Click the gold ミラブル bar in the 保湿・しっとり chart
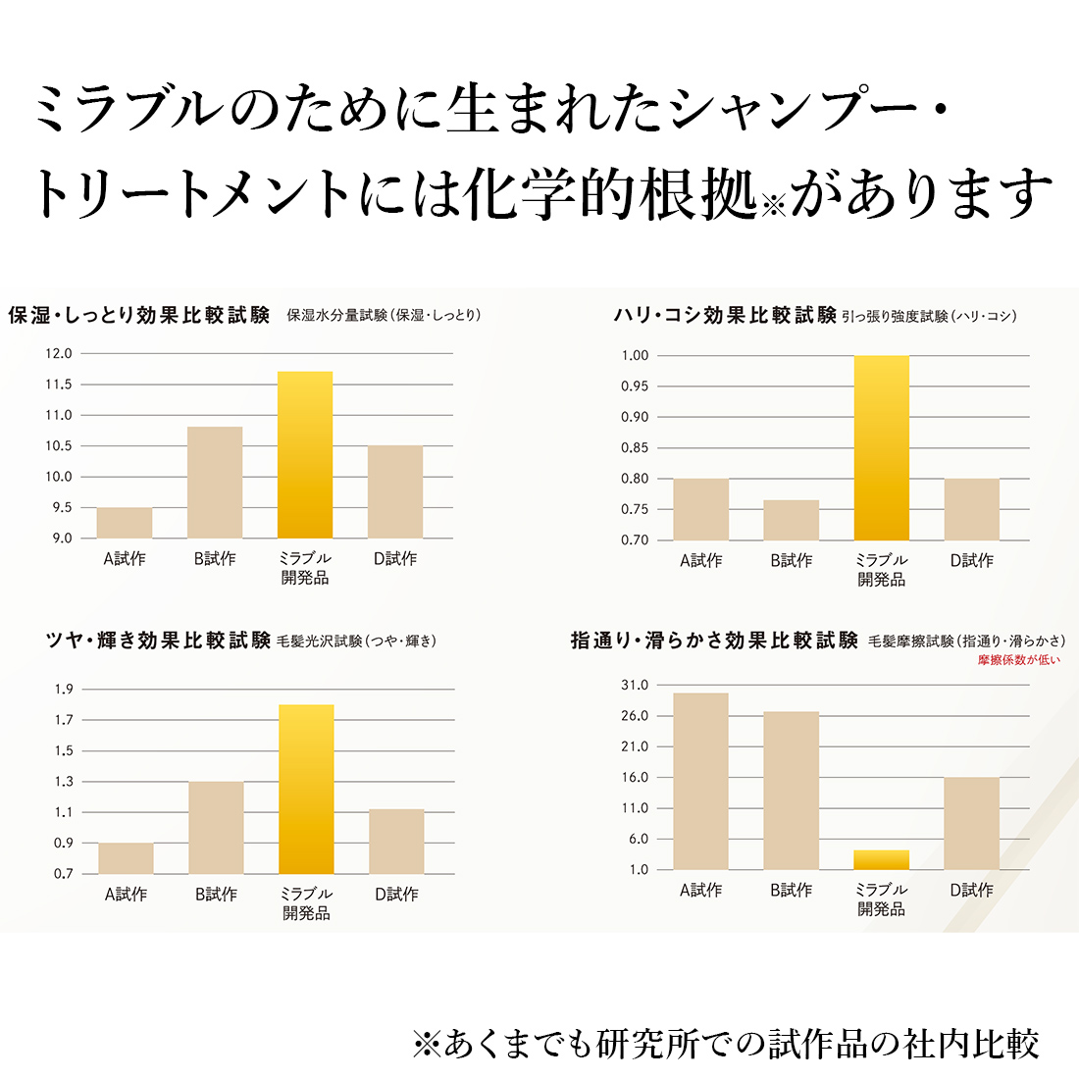click(305, 455)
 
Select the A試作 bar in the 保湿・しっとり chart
click(125, 523)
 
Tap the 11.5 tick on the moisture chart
click(59, 385)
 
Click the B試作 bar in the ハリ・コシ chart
click(791, 520)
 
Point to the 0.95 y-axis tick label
click(635, 386)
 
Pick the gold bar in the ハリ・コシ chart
click(881, 448)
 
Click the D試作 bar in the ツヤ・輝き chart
click(396, 842)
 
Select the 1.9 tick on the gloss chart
click(64, 690)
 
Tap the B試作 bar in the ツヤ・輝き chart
click(216, 828)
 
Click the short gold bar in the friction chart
click(881, 860)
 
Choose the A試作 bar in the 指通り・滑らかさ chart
click(700, 782)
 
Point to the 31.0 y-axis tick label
click(635, 686)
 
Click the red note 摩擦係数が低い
click(1018, 660)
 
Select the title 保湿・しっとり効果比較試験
click(139, 316)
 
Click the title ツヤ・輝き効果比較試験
click(159, 641)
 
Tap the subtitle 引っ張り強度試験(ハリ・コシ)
click(929, 316)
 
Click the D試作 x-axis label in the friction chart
click(971, 891)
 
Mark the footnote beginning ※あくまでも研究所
click(726, 1044)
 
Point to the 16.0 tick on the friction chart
click(635, 778)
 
